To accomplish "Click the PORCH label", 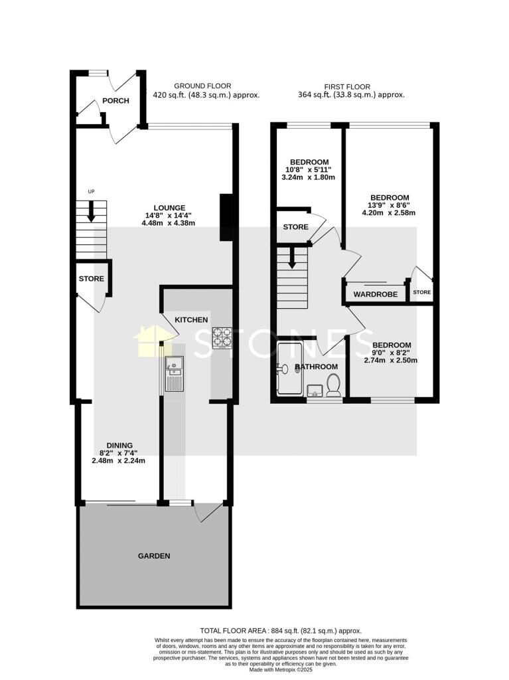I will click(x=115, y=101).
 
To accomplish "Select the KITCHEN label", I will click(x=191, y=320).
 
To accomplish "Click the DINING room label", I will click(x=120, y=446).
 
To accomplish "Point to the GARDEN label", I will click(x=154, y=556).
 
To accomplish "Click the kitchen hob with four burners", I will click(x=221, y=337).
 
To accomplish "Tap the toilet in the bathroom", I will click(x=334, y=384).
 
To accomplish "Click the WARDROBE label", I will click(x=375, y=294).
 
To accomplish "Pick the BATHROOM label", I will click(x=316, y=367).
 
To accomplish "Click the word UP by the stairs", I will click(x=92, y=193).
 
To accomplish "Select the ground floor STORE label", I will click(x=92, y=279).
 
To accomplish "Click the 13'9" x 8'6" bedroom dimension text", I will click(x=389, y=205).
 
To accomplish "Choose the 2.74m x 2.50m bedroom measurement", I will click(x=391, y=361).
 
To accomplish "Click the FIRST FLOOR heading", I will click(x=347, y=86).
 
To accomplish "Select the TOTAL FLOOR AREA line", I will click(x=281, y=630).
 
